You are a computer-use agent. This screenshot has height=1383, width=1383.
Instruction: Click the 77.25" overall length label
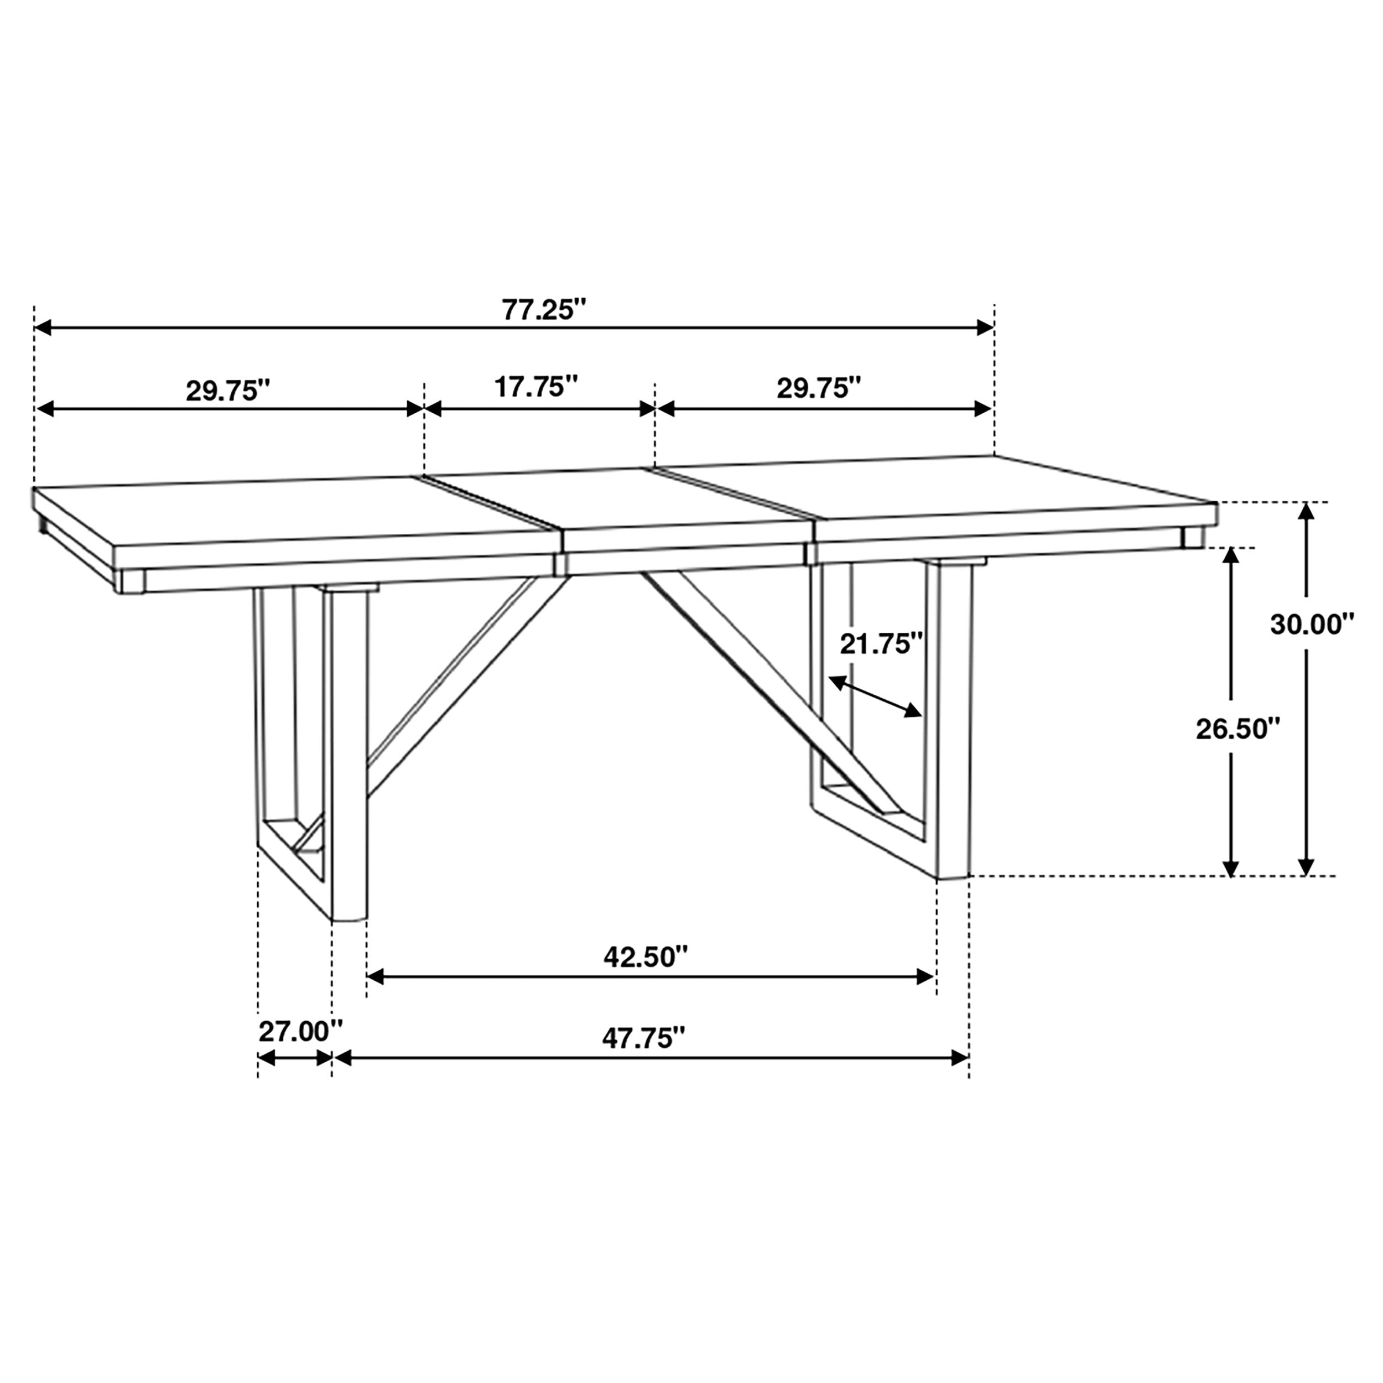coord(543,310)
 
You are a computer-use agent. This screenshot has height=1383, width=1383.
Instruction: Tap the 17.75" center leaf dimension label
coord(536,387)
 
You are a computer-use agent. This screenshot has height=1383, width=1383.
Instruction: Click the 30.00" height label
coord(1312,625)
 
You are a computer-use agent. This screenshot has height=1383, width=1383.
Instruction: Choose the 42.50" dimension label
coord(646,956)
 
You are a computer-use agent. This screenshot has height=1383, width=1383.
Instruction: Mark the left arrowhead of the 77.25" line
coord(43,328)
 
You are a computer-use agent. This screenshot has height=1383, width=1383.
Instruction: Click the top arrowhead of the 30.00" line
coord(1307,511)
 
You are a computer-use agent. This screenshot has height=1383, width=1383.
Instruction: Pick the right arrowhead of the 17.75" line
coord(647,409)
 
